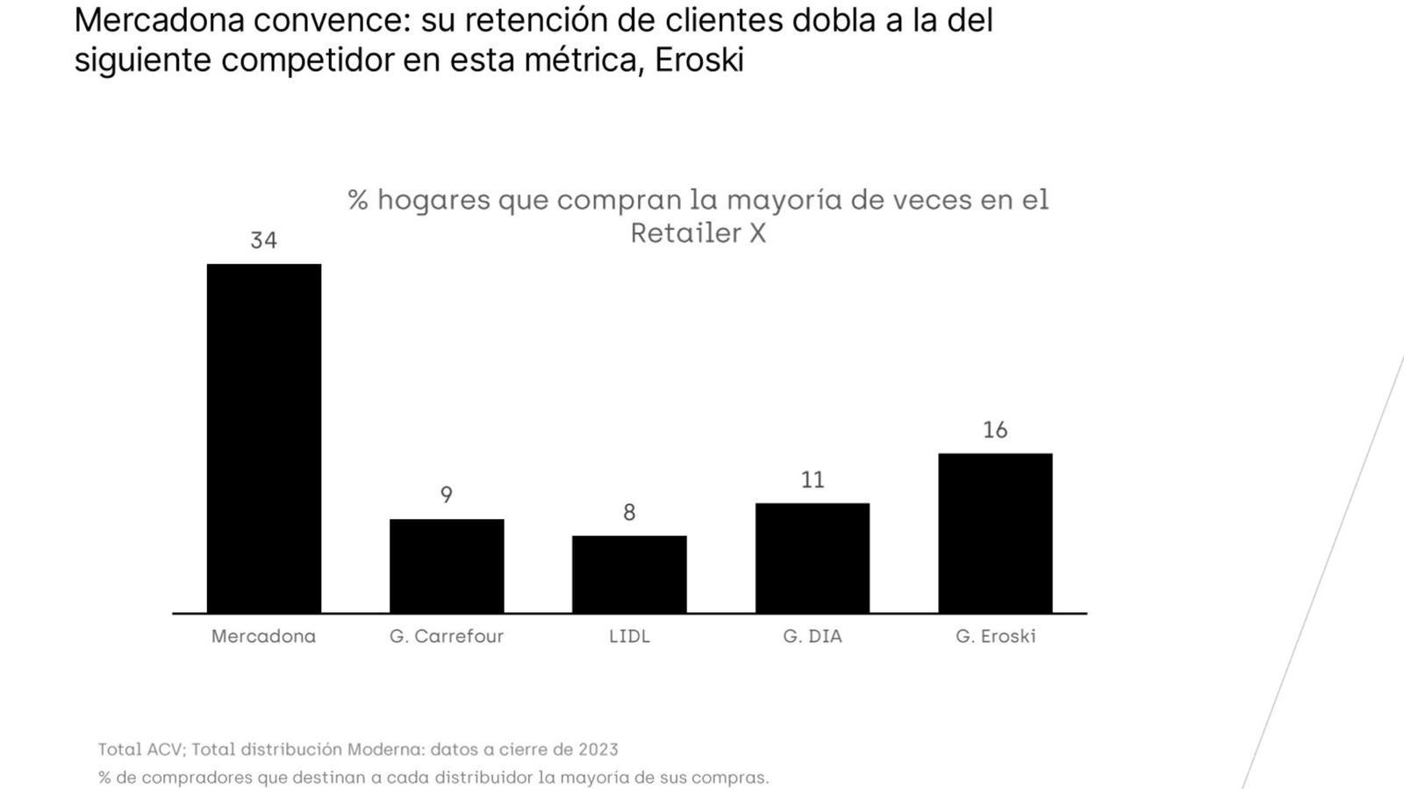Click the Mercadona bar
tap(263, 438)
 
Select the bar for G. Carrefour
tap(447, 565)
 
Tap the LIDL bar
tap(629, 574)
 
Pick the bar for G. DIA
tap(813, 558)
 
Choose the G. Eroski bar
tap(995, 533)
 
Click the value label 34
tap(263, 240)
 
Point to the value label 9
tap(447, 495)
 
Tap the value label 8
tap(629, 513)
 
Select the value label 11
tap(813, 480)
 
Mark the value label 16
tap(995, 430)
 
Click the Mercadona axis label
tap(263, 636)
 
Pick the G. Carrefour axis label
tap(447, 636)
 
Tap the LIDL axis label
tap(629, 636)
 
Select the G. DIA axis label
tap(813, 636)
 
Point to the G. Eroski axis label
tap(995, 636)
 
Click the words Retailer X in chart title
tap(698, 233)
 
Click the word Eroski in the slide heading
tap(699, 60)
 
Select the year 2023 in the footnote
tap(598, 750)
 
